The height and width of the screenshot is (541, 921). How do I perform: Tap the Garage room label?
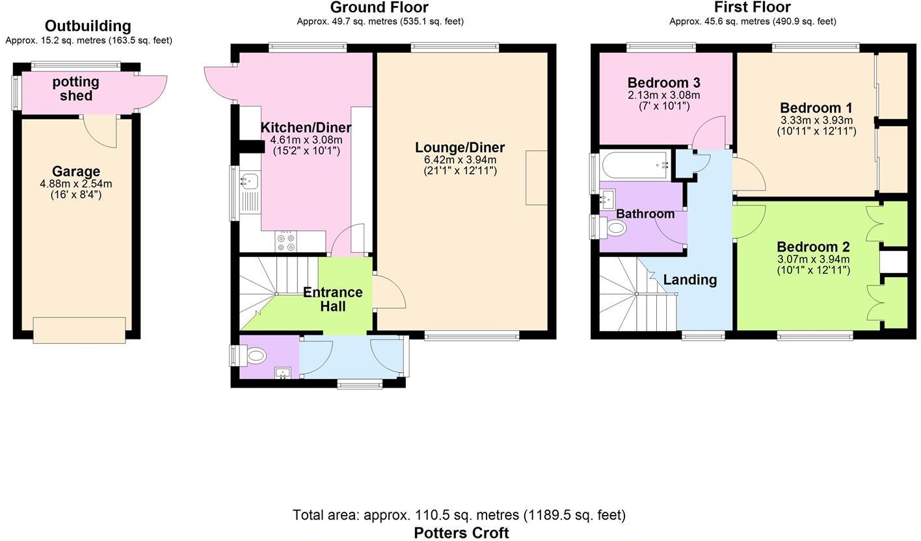76,172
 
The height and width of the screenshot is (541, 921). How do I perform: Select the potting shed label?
76,89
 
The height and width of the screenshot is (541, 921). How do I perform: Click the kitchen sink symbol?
249,181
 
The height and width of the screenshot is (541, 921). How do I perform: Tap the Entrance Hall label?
333,299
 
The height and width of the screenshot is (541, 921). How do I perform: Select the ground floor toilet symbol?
256,356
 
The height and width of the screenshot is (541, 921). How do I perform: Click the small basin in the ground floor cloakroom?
283,373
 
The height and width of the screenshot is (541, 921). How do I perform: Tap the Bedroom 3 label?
663,83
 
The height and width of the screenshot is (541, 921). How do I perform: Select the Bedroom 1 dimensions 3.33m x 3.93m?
816,120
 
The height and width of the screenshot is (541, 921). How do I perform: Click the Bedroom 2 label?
813,247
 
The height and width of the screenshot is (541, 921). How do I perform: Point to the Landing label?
689,280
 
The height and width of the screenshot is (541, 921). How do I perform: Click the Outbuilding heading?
88,26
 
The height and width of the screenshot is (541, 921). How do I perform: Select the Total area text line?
459,515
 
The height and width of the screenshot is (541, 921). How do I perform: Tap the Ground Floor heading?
379,8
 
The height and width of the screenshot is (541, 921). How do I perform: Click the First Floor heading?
752,8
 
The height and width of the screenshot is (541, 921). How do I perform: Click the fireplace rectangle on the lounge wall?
537,178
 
